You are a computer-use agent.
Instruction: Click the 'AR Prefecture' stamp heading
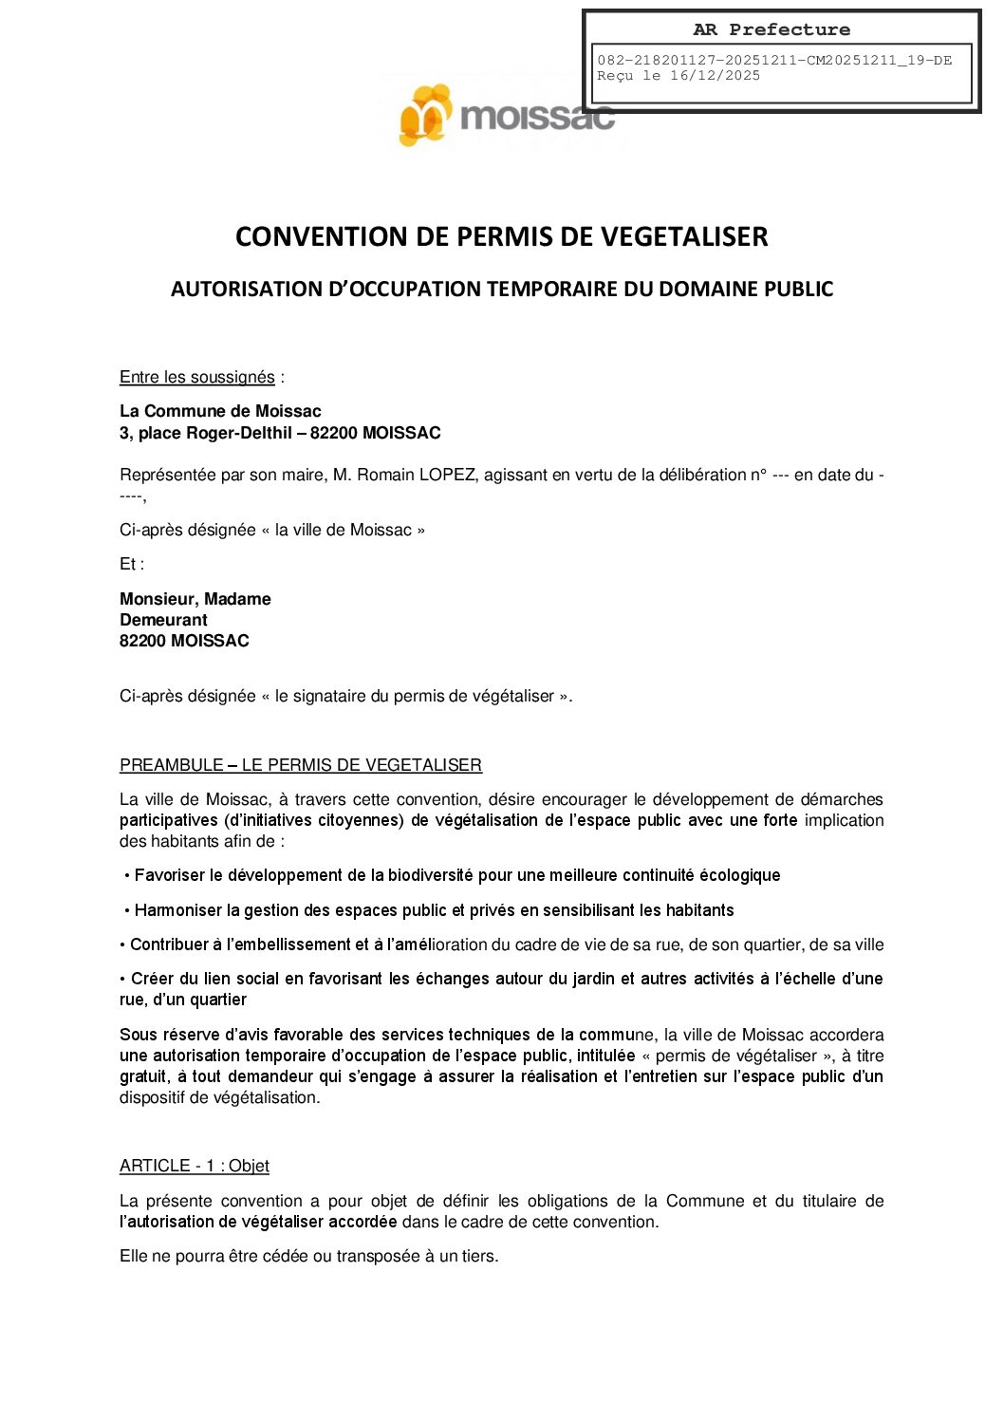tap(771, 29)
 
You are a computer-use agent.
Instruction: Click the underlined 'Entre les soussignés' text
tap(196, 378)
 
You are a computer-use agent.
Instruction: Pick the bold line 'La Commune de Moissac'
tap(220, 411)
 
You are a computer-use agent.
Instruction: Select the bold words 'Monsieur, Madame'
tap(195, 599)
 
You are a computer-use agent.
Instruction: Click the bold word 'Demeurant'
tap(163, 620)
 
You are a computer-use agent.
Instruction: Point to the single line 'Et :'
tap(131, 564)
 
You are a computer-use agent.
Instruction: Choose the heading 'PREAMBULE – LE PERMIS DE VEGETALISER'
tap(300, 765)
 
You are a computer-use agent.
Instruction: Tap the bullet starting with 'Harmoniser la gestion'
tap(433, 910)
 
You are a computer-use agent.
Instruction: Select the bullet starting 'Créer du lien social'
tap(501, 989)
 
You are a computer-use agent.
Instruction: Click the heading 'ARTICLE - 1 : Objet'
tap(194, 1166)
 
